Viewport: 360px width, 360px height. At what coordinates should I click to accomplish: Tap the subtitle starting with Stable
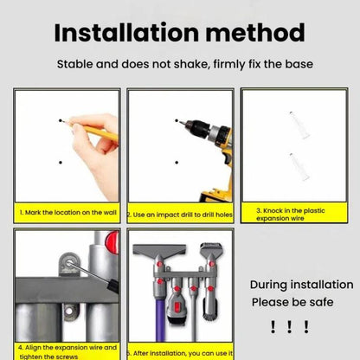click(x=179, y=65)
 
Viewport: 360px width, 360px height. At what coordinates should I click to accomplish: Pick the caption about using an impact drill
click(x=179, y=214)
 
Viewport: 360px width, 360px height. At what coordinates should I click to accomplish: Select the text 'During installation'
click(x=301, y=285)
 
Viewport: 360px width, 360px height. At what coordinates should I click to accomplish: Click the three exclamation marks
click(x=289, y=327)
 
